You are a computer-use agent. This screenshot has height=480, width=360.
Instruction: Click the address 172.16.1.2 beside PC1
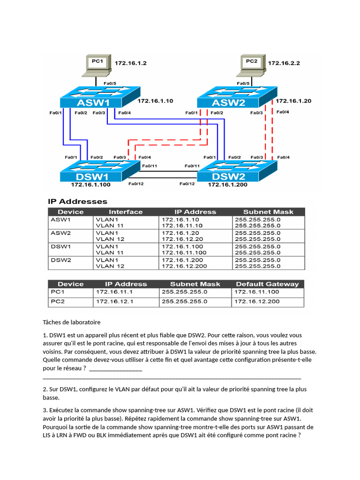pos(131,62)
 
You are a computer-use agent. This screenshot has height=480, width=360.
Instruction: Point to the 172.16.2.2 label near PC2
pos(284,63)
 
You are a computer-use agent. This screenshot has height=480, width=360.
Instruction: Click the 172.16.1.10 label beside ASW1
pos(155,100)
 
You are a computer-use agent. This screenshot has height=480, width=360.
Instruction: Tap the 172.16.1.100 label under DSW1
pos(90,185)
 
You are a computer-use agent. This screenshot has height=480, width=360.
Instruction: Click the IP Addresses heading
pos(77,202)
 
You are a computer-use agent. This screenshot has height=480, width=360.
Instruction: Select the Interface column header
pos(126,212)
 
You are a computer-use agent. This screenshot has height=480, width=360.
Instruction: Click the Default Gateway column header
pos(267,284)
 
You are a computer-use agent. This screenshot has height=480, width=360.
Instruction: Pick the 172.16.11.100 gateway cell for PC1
pos(256,292)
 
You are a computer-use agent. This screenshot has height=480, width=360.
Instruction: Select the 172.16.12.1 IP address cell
pos(115,301)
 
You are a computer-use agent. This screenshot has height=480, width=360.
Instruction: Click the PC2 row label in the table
pos(58,301)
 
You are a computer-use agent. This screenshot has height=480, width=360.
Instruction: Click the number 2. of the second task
pos(45,389)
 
